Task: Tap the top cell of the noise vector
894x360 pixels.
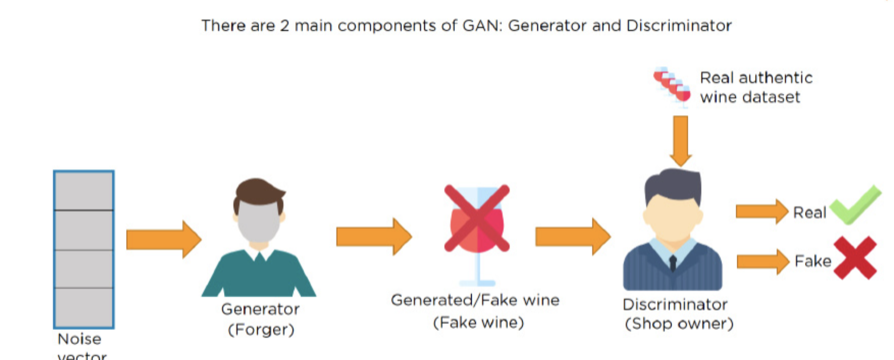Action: (84, 191)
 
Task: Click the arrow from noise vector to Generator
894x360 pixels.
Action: (163, 239)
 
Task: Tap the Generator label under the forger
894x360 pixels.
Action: (260, 309)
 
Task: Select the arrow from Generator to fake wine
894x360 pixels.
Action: (373, 236)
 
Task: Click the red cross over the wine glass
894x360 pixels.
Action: (477, 218)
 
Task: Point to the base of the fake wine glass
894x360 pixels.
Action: (477, 283)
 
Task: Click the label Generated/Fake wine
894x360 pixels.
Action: (475, 300)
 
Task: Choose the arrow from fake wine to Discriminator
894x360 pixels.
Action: (573, 236)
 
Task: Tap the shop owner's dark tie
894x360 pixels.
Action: (672, 263)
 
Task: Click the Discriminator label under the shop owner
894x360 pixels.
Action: (675, 305)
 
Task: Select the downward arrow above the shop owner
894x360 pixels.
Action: (680, 141)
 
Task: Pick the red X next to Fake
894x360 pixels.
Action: (855, 258)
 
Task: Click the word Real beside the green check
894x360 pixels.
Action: (809, 213)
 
